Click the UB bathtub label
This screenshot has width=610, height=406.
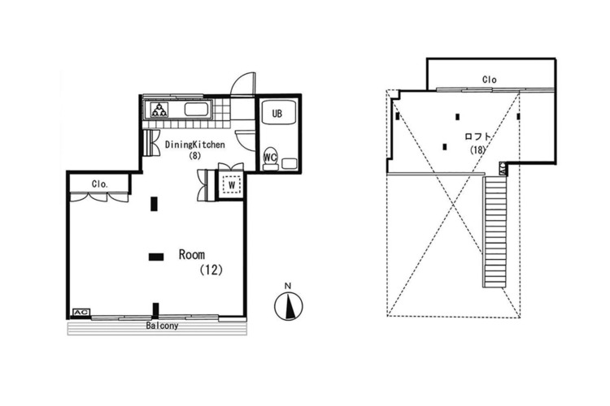[x=277, y=114]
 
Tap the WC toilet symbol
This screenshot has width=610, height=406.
[x=270, y=158]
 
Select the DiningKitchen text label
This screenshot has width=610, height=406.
[x=195, y=145]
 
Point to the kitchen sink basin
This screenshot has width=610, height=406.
[x=197, y=109]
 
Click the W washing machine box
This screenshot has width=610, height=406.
[x=232, y=185]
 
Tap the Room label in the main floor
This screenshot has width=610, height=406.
[x=192, y=254]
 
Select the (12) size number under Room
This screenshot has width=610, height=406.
[x=211, y=270]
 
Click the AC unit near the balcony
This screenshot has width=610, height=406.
[x=81, y=313]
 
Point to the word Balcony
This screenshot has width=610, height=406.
[x=162, y=326]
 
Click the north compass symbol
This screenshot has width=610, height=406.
[x=288, y=306]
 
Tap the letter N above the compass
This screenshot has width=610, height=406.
[x=288, y=286]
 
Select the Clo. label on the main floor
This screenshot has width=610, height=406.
[x=100, y=184]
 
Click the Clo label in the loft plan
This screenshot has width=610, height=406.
[x=490, y=80]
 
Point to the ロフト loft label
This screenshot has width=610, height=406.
[x=477, y=136]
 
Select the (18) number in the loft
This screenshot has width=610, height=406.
[x=477, y=149]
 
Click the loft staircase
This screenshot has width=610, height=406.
[x=495, y=231]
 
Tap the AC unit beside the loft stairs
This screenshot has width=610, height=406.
[x=502, y=168]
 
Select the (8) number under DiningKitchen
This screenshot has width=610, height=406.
[x=194, y=156]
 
